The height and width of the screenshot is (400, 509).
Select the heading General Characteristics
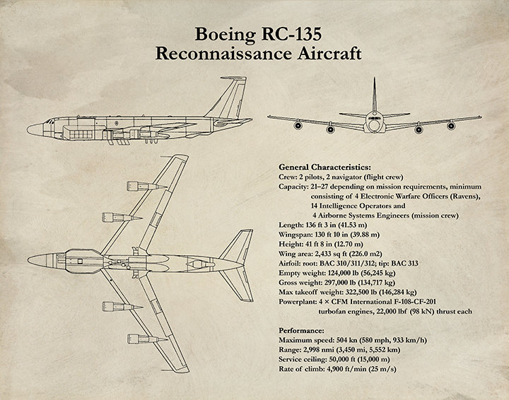[x=324, y=167]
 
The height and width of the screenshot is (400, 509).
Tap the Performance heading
[x=301, y=331]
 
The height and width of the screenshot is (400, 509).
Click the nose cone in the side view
[x=35, y=129]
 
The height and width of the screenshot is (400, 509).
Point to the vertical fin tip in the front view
[x=375, y=78]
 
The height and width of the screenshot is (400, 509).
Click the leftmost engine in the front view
[x=298, y=125]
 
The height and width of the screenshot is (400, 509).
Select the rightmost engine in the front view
[x=451, y=126]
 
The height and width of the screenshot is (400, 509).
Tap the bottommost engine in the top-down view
[x=147, y=339]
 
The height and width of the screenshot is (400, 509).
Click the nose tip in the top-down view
[x=28, y=260]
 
